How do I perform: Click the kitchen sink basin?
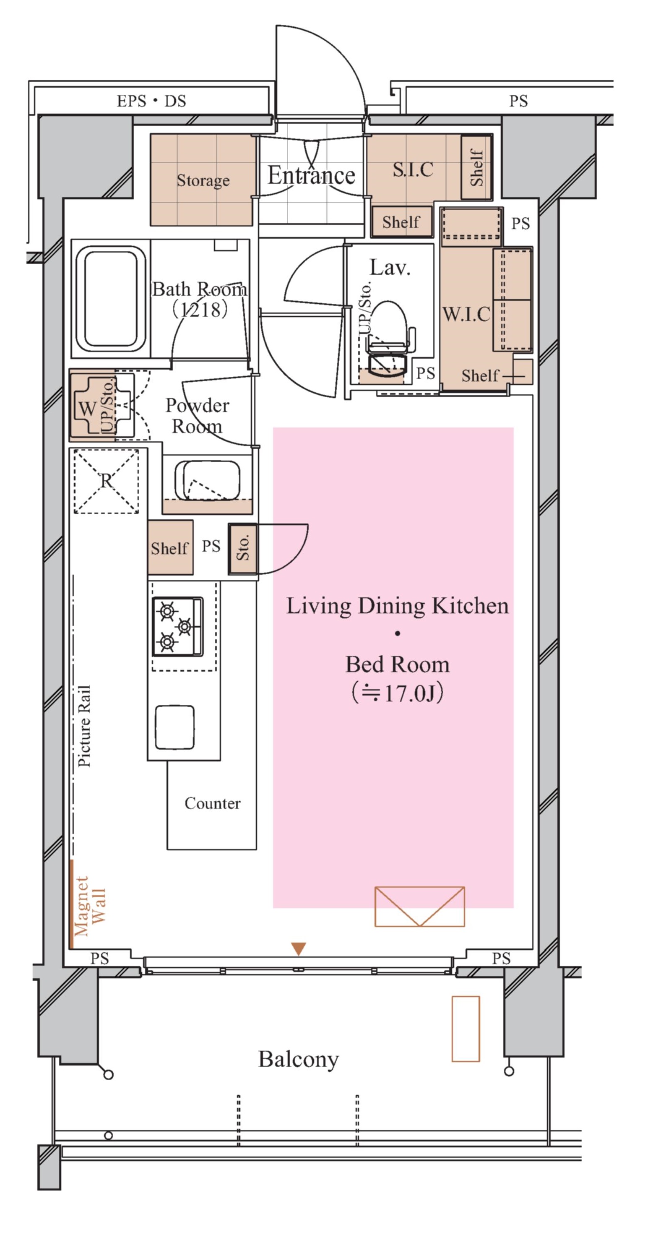175,727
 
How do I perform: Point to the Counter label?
213,803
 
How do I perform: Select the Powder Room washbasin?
207,481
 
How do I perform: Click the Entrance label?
312,175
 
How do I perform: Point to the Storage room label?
203,180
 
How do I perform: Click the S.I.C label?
413,169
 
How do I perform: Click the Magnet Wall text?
89,906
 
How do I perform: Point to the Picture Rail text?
84,726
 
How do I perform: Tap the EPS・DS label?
151,101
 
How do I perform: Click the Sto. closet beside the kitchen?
243,548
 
